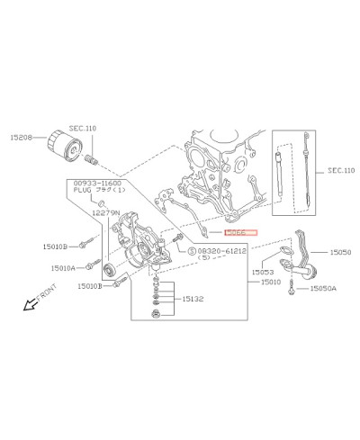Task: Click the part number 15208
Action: (x=22, y=139)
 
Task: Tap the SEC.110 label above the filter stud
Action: (x=83, y=129)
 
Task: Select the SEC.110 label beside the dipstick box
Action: (x=340, y=169)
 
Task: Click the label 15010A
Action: (x=65, y=267)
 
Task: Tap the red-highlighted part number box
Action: (x=239, y=232)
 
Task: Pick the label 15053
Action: (x=263, y=271)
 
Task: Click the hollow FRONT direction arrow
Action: (x=30, y=303)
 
